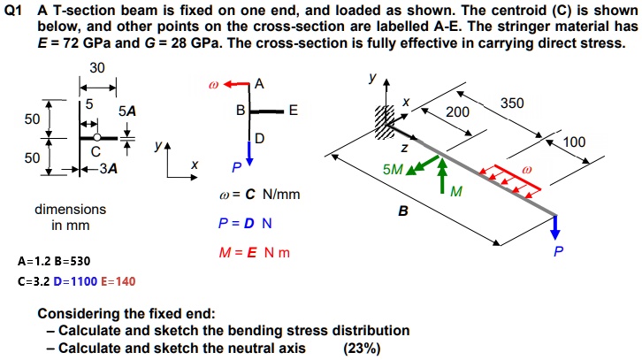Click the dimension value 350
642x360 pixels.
tap(512, 103)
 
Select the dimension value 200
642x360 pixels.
tap(457, 112)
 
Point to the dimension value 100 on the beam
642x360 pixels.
tap(574, 142)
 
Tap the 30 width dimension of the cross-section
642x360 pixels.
tap(96, 69)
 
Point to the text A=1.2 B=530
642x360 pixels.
tap(53, 262)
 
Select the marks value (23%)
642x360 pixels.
tap(362, 348)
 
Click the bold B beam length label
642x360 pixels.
tap(402, 212)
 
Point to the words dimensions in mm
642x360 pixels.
tap(70, 218)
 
